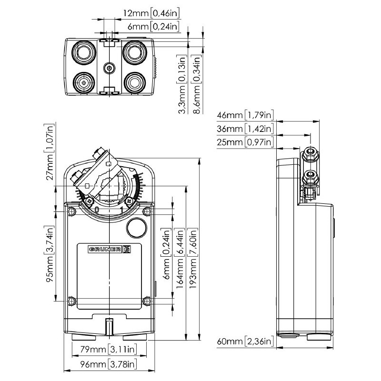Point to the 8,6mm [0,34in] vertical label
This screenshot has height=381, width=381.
point(197,84)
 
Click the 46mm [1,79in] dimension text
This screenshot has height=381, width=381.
point(244,115)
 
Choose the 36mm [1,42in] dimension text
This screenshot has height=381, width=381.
point(244,129)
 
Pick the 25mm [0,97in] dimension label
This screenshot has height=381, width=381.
point(244,142)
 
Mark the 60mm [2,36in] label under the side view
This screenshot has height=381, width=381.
point(244,341)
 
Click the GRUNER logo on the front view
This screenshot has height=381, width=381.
point(109,249)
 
